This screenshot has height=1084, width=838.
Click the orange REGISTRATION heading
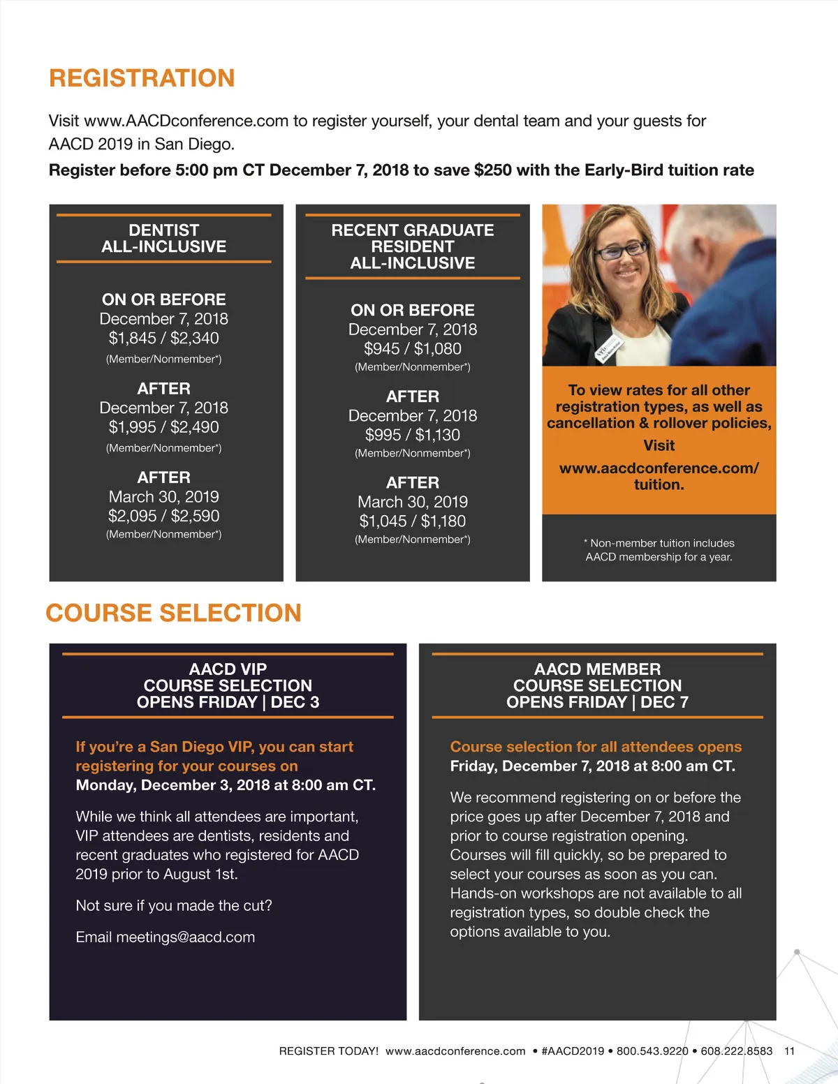point(142,78)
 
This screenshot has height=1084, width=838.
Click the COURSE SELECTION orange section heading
point(173,613)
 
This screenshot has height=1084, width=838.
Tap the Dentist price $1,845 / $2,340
point(163,339)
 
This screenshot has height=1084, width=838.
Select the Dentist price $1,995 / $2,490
point(163,427)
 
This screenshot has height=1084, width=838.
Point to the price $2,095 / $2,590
point(163,516)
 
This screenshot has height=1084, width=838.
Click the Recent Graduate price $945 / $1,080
point(412,348)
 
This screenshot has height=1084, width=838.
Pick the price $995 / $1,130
point(412,435)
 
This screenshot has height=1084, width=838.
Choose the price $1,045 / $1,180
point(412,521)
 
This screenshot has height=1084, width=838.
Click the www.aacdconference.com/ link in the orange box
point(659,468)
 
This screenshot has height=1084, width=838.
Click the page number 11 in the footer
point(789,1051)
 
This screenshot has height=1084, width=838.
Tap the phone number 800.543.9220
point(652,1051)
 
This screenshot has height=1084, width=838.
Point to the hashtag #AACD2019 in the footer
point(573,1051)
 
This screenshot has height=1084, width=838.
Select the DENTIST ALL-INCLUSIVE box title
point(163,238)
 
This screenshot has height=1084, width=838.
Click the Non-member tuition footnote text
point(659,550)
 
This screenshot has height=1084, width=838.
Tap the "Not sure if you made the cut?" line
point(174,906)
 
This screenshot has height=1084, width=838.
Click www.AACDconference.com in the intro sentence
point(186,121)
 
